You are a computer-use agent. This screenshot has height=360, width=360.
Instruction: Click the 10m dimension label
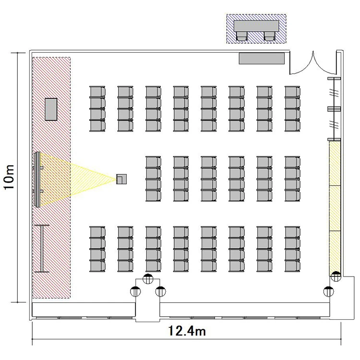[x=9, y=177]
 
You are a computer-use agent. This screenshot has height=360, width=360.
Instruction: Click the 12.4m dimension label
[x=187, y=331]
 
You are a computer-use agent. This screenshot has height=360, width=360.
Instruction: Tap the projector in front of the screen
[x=121, y=179]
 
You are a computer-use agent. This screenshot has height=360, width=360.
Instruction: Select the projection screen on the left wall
[x=37, y=180]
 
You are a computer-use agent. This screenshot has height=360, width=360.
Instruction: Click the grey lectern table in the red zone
[x=51, y=109]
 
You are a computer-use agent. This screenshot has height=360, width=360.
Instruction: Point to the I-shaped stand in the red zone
[x=42, y=249]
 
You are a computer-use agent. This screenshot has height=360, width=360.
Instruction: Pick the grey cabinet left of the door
[x=262, y=59]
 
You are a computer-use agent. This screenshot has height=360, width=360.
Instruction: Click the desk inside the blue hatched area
[x=256, y=26]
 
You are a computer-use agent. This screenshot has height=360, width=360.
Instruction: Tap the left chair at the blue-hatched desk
[x=242, y=36]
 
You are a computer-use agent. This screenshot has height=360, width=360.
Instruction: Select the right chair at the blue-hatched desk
[x=269, y=36]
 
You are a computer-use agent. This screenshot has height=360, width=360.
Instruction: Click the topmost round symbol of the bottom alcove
[x=148, y=279]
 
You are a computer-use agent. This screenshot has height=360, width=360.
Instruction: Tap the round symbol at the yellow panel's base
[x=336, y=276]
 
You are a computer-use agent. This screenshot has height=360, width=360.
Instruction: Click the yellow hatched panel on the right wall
[x=335, y=208]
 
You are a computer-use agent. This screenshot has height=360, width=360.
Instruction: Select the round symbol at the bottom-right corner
[x=328, y=291]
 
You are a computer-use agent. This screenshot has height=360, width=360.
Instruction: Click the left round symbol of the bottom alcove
[x=135, y=291]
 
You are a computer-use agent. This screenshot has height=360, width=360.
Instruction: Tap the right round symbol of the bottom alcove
[x=160, y=291]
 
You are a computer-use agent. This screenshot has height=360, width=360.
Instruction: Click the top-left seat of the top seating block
[x=97, y=92]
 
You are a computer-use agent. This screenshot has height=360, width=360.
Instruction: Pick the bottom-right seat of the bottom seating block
[x=292, y=266]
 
